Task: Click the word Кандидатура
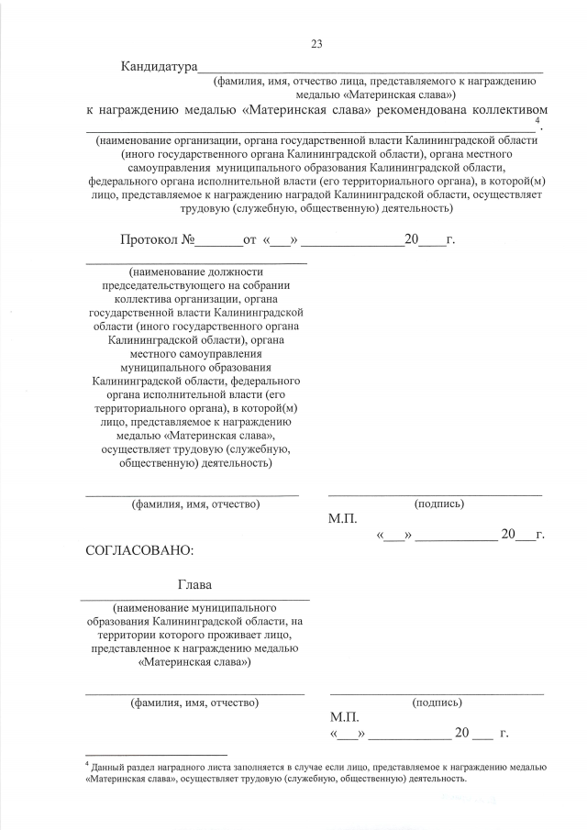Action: coord(160,68)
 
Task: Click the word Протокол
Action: coord(150,241)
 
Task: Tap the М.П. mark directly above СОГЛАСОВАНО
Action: coord(342,518)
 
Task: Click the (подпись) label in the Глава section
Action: coord(437,703)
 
